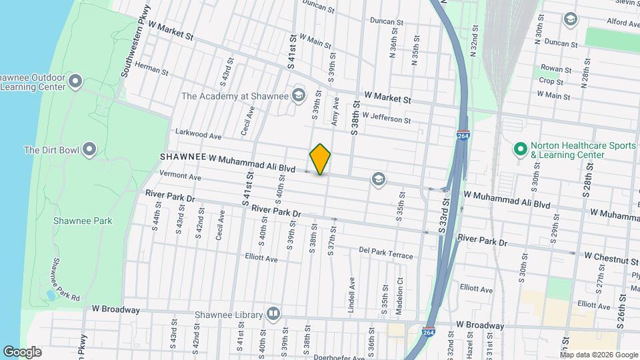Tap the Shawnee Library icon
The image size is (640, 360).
point(273,314)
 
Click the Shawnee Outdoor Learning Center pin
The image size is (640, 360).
point(75,82)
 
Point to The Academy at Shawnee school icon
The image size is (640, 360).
point(298,95)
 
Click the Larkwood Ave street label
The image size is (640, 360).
point(197,135)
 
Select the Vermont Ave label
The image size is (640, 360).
point(180,177)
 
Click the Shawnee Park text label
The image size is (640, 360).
point(83,221)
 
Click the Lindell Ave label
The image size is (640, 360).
point(350,297)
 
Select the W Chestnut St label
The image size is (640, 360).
point(611,255)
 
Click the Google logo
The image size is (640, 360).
point(22,351)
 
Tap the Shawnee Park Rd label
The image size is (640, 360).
point(65,278)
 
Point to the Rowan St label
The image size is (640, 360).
point(556,69)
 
